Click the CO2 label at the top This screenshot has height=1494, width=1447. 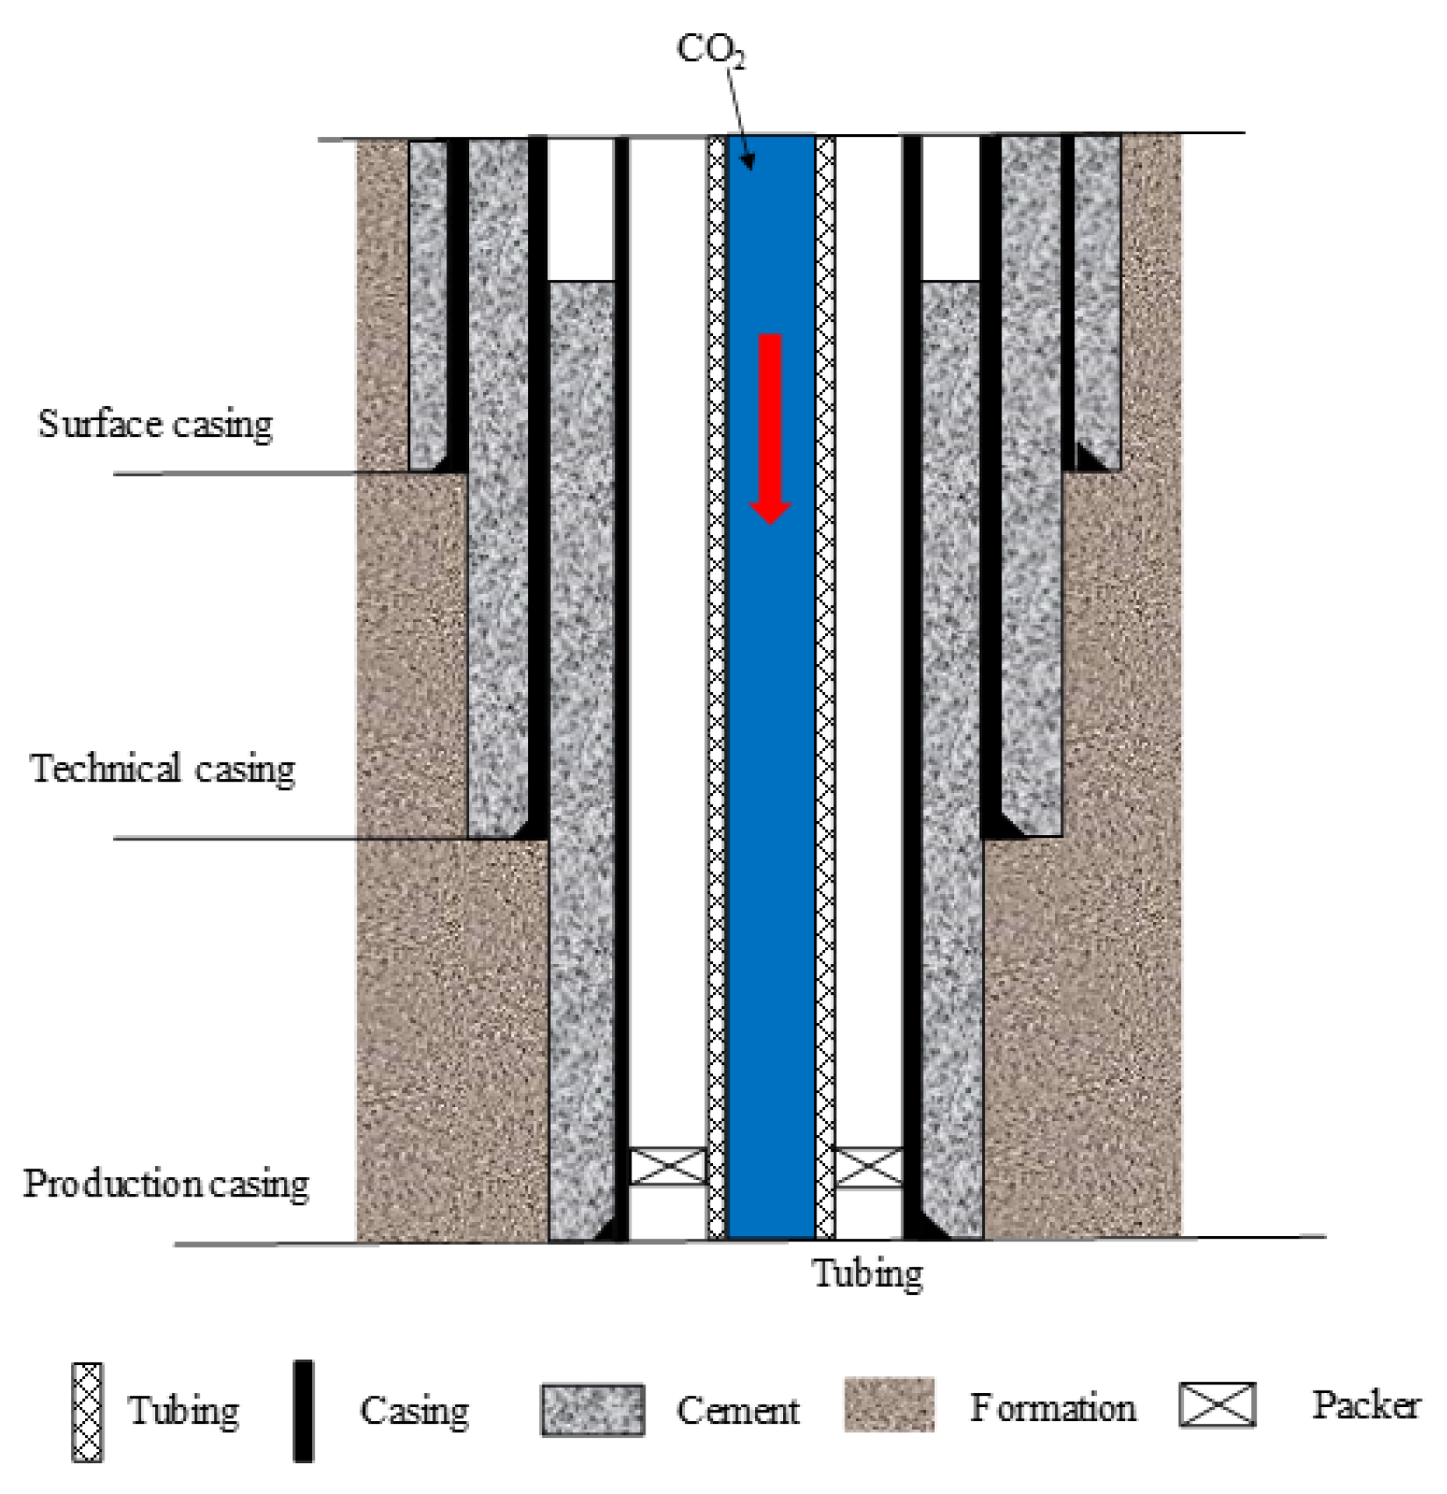pos(710,49)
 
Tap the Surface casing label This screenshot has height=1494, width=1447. pos(155,424)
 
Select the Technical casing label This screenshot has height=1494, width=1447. pos(162,768)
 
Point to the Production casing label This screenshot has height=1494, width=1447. pos(166,1183)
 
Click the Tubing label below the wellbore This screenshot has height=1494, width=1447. pos(866,1273)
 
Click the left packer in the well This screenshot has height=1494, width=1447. pos(668,1167)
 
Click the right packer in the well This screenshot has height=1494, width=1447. pos(867,1167)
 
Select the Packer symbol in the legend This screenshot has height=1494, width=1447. pos(1217,1404)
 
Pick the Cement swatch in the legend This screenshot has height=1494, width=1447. pos(593,1410)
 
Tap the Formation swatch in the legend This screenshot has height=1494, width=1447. pos(888,1405)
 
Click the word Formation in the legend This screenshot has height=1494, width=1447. pos(1052,1407)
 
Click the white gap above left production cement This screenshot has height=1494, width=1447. pos(581,209)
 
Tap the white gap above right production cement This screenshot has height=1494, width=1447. pos(951,209)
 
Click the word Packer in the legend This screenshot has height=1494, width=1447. pos(1365,1405)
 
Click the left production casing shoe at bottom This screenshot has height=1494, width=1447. pos(612,1228)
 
